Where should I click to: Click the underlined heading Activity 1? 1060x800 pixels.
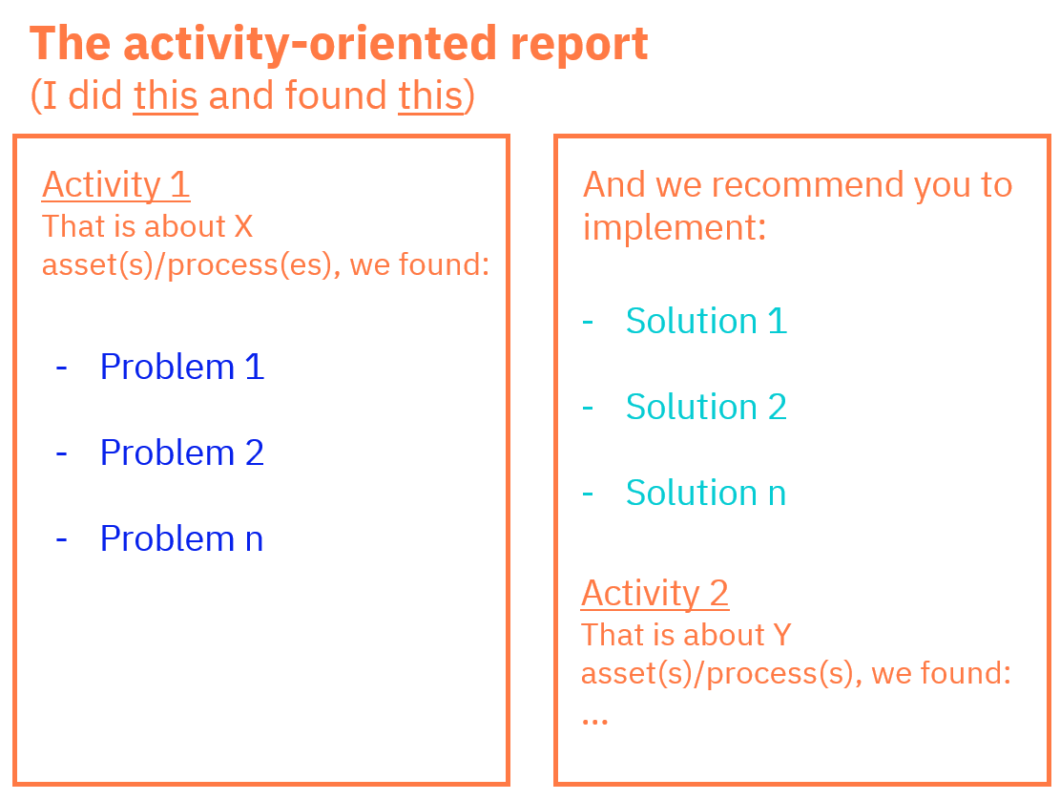(x=115, y=184)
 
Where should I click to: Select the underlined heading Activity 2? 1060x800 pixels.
(x=655, y=593)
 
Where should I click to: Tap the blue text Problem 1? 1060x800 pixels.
(x=182, y=368)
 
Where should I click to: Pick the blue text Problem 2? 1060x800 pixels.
(x=182, y=453)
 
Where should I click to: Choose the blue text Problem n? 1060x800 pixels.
(x=182, y=539)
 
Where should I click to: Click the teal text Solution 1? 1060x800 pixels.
(x=706, y=321)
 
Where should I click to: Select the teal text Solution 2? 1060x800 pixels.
(x=706, y=407)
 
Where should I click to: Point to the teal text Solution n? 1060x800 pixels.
(x=706, y=493)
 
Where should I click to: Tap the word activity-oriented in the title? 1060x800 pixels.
(x=310, y=45)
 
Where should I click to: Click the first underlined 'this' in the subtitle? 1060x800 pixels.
(x=166, y=95)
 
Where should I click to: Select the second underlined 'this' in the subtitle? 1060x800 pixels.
(x=430, y=95)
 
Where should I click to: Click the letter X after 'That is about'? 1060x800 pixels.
(x=243, y=226)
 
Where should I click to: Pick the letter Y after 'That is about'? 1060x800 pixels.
(x=782, y=635)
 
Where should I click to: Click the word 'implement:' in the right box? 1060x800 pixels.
(x=675, y=228)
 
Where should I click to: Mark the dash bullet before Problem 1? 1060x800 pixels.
(x=61, y=368)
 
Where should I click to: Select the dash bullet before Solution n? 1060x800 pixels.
(x=588, y=494)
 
